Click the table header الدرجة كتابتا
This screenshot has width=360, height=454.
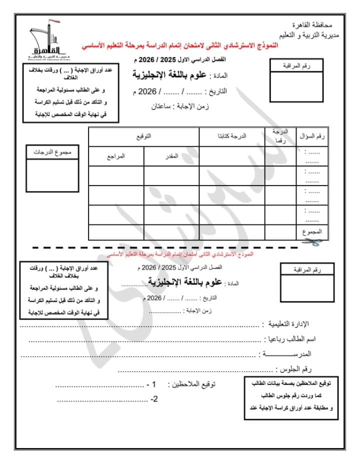[231, 136]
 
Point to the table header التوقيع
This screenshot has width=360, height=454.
[144, 136]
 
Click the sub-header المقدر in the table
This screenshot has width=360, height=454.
[171, 156]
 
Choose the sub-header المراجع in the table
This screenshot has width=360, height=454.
[116, 156]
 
